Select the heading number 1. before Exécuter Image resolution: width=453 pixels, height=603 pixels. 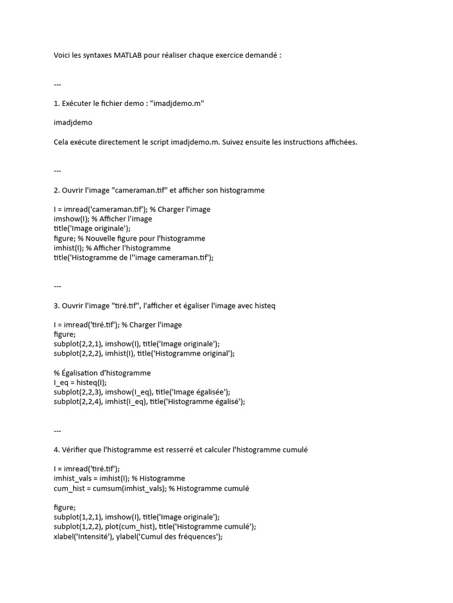57,104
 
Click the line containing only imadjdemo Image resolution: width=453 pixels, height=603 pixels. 73,122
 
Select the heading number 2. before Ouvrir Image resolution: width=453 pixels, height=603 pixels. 57,190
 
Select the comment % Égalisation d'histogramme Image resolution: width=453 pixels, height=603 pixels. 101,373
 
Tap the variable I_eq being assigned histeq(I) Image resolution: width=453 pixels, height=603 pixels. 62,382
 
